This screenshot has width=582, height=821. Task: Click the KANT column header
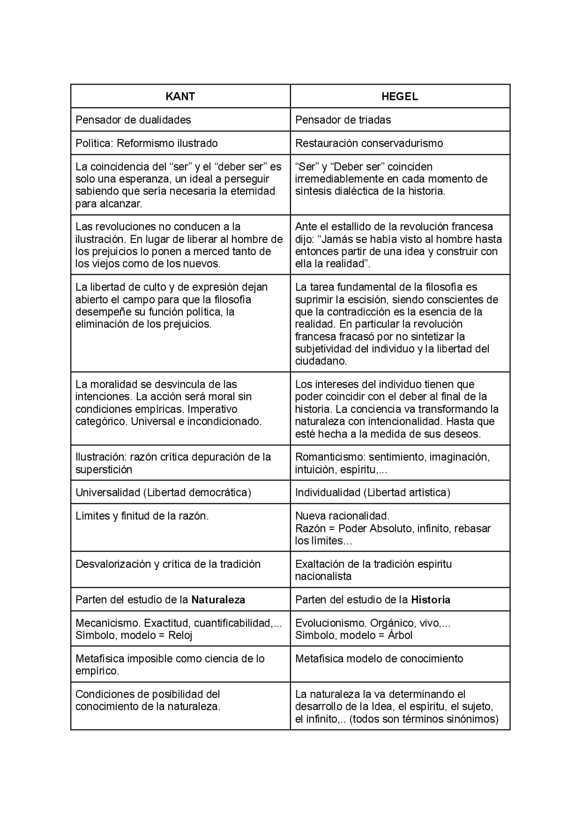click(x=180, y=96)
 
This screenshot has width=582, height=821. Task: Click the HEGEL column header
click(x=400, y=96)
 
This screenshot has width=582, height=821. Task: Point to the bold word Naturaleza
click(x=218, y=600)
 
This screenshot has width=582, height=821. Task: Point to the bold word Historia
click(x=431, y=600)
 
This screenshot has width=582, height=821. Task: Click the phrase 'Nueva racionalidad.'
click(x=342, y=516)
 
